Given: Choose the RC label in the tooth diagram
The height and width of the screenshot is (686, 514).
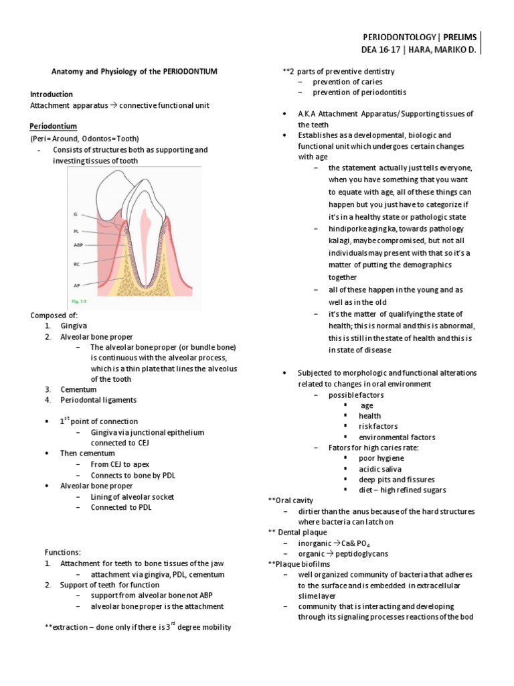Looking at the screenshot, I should [78, 264].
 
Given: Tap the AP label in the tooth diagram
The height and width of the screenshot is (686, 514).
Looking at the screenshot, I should [78, 285].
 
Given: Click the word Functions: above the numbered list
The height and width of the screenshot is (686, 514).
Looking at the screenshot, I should [63, 552].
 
